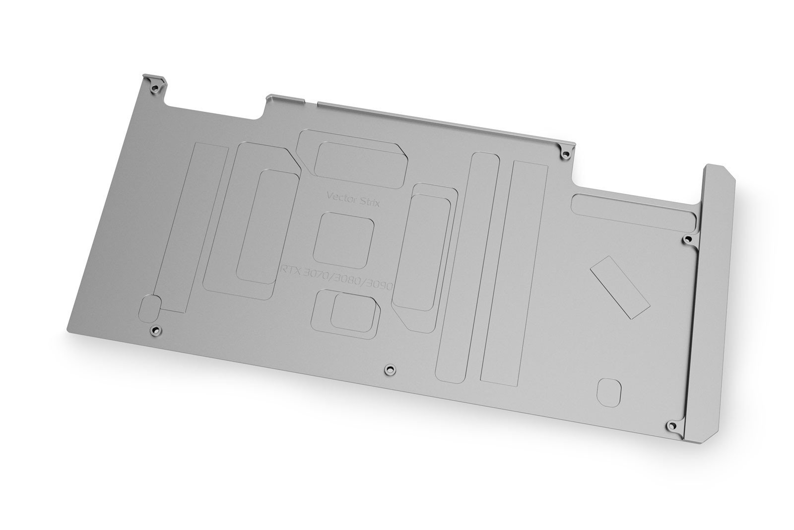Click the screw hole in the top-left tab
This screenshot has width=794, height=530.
(154, 88)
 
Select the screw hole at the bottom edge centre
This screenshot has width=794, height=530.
(390, 369)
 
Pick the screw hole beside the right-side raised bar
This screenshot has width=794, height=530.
(687, 240)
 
